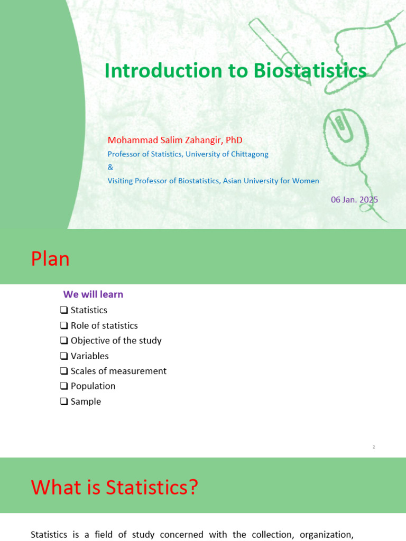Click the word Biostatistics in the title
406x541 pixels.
click(x=310, y=71)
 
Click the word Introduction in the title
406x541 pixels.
click(x=163, y=71)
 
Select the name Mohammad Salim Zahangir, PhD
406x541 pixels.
click(x=175, y=140)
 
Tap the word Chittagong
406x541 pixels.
click(x=250, y=154)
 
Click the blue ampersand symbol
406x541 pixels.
click(x=110, y=167)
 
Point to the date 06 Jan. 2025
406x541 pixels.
click(x=354, y=200)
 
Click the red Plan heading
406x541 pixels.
click(x=50, y=259)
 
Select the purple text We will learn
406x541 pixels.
click(x=93, y=294)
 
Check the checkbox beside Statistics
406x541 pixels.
click(x=64, y=310)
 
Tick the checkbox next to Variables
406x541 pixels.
click(x=64, y=356)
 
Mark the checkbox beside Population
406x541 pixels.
click(x=64, y=386)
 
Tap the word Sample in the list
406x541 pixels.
click(x=86, y=402)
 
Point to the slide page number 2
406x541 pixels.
click(x=374, y=447)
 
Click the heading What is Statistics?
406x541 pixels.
click(x=115, y=487)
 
